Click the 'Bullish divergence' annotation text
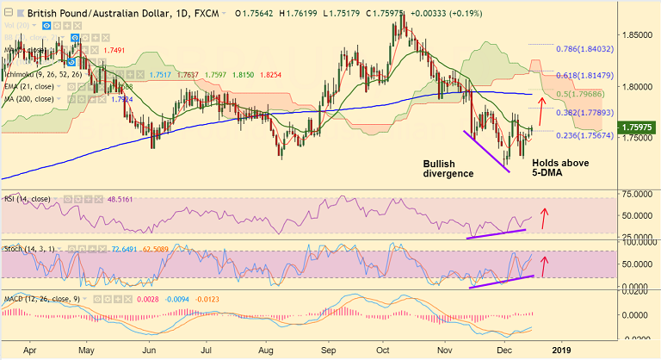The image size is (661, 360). [x=448, y=168]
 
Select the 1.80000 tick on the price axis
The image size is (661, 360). [x=637, y=86]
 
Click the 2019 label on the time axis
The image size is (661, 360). [x=560, y=351]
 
